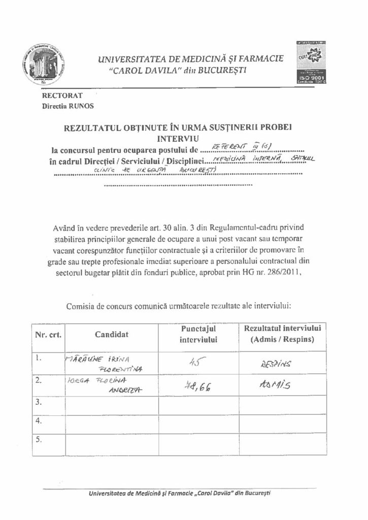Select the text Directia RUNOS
[x=68, y=106]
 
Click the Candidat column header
[x=112, y=335]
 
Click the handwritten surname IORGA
[x=77, y=380]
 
